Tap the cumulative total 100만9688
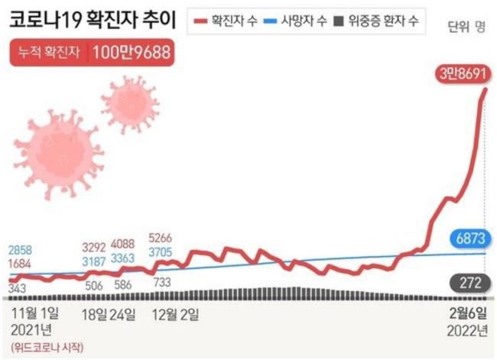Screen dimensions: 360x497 click(131, 54)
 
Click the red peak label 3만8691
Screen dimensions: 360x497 click(463, 74)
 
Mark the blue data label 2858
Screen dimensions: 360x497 click(21, 251)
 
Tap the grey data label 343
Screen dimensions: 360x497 click(17, 287)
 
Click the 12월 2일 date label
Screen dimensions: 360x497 click(177, 313)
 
